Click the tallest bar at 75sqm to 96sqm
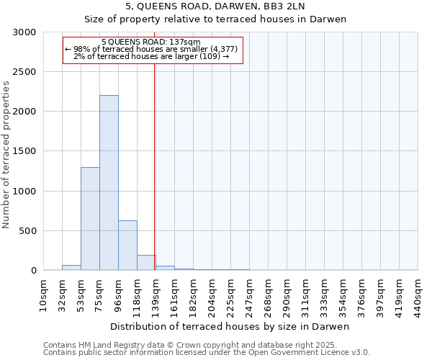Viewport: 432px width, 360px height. point(109,183)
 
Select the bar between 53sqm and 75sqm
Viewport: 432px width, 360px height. point(90,219)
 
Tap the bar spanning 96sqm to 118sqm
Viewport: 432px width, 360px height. point(127,246)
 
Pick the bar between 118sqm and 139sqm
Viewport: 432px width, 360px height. point(146,263)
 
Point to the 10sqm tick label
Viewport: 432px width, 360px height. point(44,295)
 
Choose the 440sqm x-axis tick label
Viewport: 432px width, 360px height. point(418,295)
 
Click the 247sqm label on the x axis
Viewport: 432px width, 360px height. point(250,295)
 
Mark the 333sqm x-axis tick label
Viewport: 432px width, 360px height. point(325,295)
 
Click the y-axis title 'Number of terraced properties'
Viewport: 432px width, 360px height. point(6,155)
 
